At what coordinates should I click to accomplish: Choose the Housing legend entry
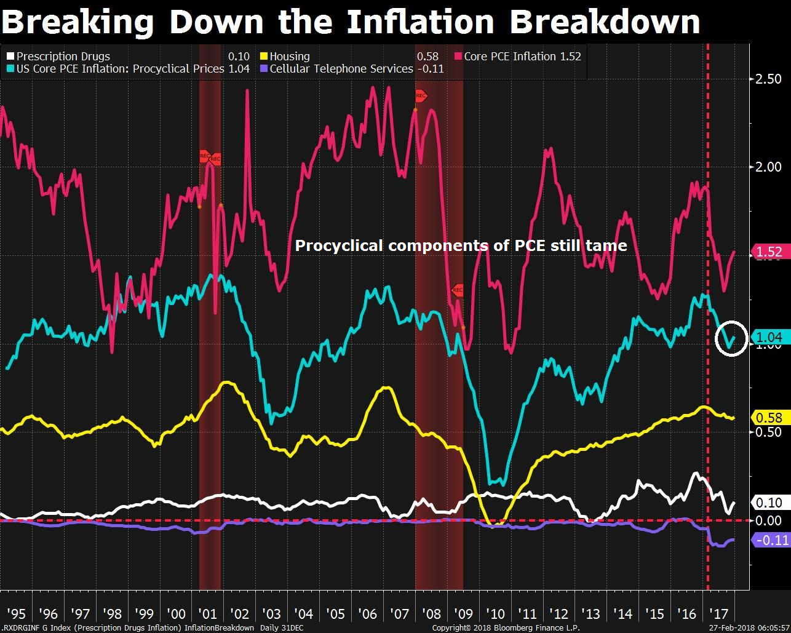[289, 57]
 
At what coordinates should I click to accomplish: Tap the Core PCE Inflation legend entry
[510, 57]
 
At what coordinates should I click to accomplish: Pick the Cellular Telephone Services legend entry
[341, 69]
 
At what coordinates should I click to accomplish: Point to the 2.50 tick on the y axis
[768, 79]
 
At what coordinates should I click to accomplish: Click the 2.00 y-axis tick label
[768, 167]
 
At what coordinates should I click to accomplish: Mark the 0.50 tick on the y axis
[768, 432]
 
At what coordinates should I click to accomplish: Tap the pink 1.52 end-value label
[768, 252]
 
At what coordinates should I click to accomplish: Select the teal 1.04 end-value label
[768, 337]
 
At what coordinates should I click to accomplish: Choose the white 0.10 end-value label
[768, 503]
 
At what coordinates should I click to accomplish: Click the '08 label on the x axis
[432, 614]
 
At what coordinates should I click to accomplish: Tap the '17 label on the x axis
[718, 614]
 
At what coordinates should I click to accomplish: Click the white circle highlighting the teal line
[731, 338]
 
